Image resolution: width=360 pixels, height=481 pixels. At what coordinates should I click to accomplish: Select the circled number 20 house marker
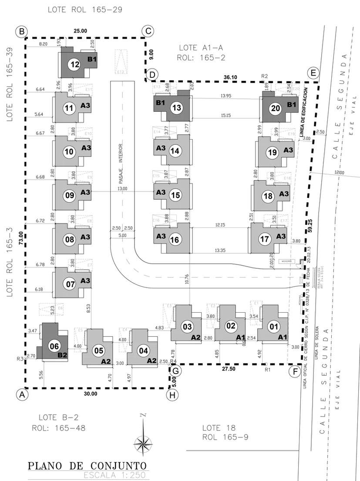pos(275,109)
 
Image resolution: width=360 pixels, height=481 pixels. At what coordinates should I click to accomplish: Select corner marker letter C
pos(148,31)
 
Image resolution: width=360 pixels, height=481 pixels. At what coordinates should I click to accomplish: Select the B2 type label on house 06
pos(63,355)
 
